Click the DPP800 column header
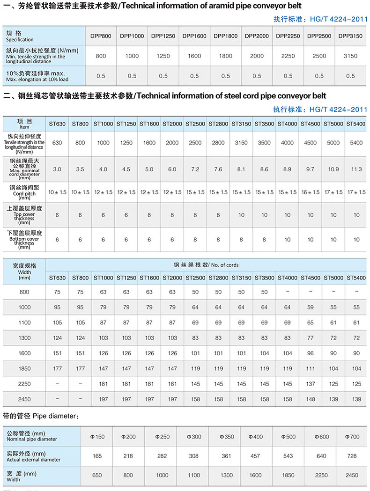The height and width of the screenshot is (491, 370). point(101,36)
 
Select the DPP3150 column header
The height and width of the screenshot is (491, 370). point(350,36)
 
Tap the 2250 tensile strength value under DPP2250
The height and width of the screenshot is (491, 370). point(288,56)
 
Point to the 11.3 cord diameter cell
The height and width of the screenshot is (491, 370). point(356,169)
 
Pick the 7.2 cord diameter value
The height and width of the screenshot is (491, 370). point(195,169)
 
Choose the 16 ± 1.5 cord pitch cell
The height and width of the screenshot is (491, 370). point(311,192)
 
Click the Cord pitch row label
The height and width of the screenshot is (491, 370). point(21,192)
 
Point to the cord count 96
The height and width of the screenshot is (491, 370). point(311,353)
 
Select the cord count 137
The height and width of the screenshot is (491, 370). point(311,384)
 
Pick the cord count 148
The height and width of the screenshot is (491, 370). point(311,399)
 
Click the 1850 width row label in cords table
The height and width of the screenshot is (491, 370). point(24,369)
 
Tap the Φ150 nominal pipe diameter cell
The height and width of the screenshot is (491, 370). point(97,437)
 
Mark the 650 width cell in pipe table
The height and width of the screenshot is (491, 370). point(97,475)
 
